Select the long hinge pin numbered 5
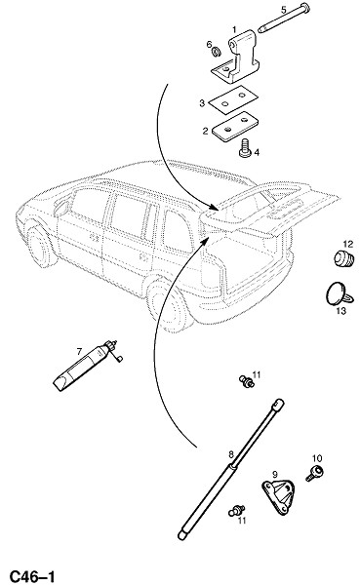click(x=285, y=18)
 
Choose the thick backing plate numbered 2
click(x=235, y=127)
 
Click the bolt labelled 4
click(x=245, y=148)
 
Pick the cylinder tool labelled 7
click(x=88, y=366)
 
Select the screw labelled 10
click(x=314, y=473)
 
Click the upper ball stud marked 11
click(x=247, y=381)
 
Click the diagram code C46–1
click(x=32, y=576)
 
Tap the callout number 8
click(x=231, y=454)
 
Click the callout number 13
click(x=341, y=310)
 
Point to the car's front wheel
click(x=41, y=245)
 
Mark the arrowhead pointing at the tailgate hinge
click(x=214, y=207)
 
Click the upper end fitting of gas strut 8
click(x=278, y=404)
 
